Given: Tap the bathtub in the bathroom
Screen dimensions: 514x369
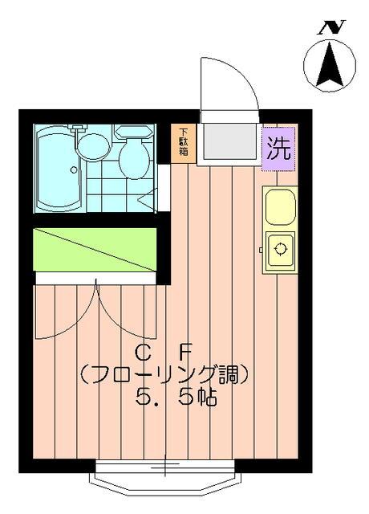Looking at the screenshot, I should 59,169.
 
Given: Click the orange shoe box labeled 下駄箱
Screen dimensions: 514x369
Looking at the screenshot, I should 184,143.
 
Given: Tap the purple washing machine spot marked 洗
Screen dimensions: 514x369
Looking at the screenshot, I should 278,148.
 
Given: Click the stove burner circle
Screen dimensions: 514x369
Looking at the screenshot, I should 281,248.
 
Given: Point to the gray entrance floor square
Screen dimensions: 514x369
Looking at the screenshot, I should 228,141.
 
